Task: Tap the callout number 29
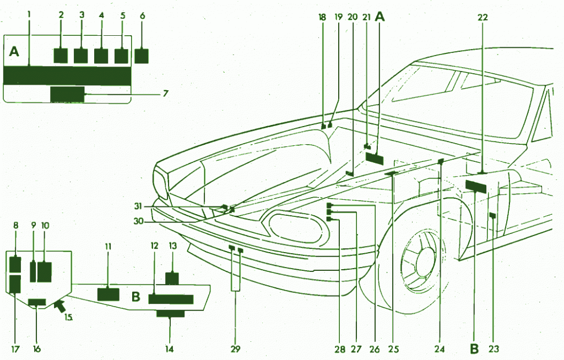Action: click(x=236, y=349)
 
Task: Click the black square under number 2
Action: click(x=60, y=56)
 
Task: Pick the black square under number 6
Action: click(x=142, y=56)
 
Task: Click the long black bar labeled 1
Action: click(x=67, y=76)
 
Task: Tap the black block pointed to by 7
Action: click(x=67, y=94)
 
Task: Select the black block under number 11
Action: click(x=108, y=294)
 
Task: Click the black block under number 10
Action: click(x=44, y=272)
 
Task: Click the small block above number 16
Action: click(x=37, y=302)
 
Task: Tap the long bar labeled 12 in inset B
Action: click(x=171, y=299)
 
